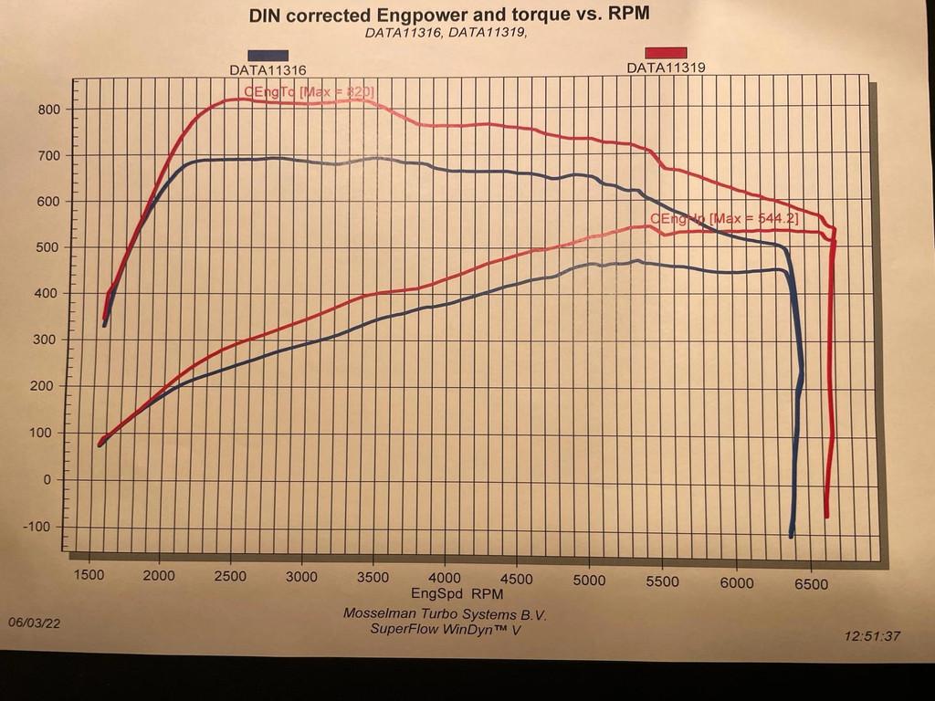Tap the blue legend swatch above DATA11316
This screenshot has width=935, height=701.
tap(268, 57)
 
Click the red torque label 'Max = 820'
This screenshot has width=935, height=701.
tap(309, 91)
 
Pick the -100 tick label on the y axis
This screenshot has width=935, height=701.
tap(42, 527)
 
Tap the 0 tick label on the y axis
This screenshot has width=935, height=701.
tap(53, 479)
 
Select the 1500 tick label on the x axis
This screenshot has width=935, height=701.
tap(89, 577)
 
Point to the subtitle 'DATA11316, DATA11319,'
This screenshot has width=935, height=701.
tap(446, 32)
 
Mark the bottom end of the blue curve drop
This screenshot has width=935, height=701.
tap(791, 536)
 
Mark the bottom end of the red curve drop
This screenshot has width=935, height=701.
tap(827, 517)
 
